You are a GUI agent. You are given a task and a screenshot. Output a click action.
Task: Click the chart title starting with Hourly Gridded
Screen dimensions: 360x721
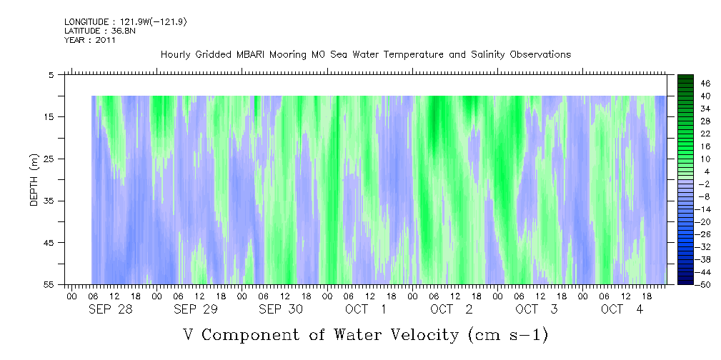365,54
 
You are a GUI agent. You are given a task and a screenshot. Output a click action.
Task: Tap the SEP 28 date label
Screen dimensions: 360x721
110,309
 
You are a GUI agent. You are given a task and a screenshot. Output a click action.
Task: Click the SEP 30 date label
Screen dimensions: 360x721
281,309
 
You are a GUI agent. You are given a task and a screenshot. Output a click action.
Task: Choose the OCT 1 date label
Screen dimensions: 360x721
366,309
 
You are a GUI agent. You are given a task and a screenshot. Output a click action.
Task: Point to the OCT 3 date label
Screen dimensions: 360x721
537,309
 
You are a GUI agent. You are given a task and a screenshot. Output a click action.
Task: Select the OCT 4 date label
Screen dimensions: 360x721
622,309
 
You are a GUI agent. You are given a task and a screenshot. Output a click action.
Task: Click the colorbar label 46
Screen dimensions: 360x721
705,84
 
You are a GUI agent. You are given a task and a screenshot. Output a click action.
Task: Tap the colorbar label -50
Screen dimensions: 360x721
703,284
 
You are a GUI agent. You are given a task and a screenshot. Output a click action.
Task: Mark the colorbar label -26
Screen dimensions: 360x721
703,234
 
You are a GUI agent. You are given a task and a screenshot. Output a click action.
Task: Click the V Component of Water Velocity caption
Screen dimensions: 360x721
365,334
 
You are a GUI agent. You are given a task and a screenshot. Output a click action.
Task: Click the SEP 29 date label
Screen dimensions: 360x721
195,309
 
